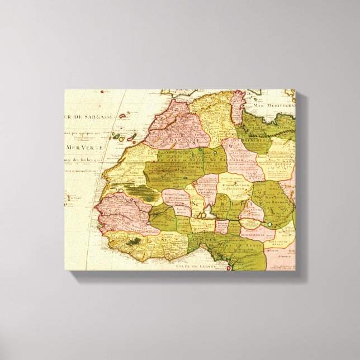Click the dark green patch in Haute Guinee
pyautogui.click(x=134, y=242)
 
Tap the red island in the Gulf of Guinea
pyautogui.click(x=229, y=269)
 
